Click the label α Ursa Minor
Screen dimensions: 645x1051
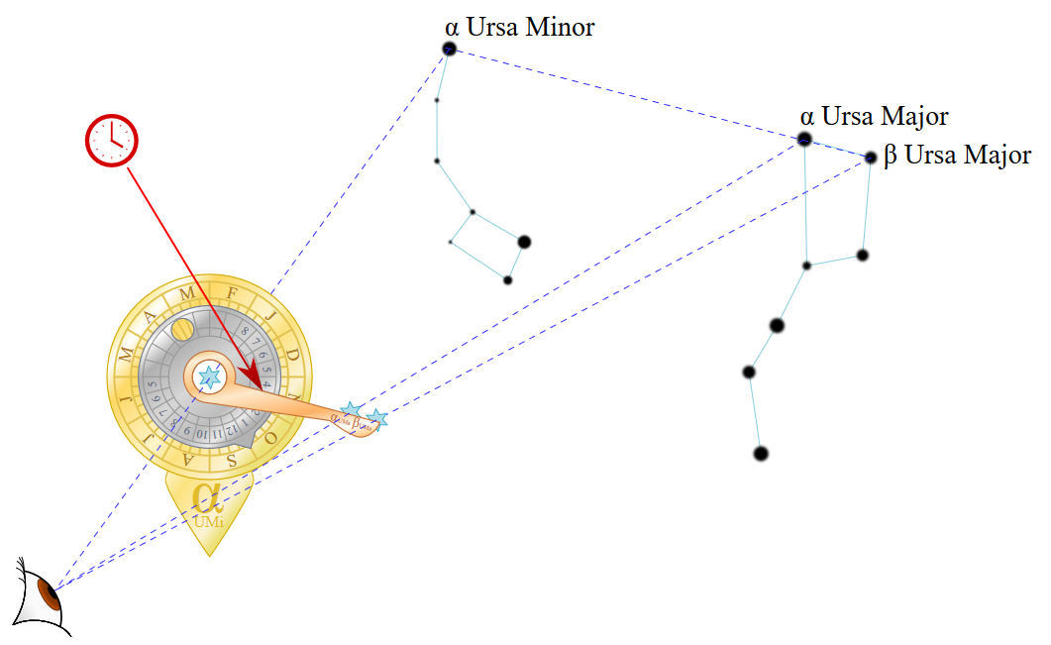tap(520, 27)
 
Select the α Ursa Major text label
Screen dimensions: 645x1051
tap(874, 117)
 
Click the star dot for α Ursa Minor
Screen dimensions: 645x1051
tap(449, 49)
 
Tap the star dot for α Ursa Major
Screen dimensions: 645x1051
tap(804, 140)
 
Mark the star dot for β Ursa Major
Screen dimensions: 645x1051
tap(870, 158)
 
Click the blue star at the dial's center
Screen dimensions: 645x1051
tap(209, 376)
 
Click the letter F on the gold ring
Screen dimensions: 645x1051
tap(231, 294)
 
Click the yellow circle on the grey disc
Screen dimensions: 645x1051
tap(181, 329)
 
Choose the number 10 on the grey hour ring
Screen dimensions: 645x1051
tap(201, 434)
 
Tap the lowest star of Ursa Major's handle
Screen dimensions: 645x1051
tap(760, 454)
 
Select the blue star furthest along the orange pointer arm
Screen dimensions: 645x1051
tap(376, 419)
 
